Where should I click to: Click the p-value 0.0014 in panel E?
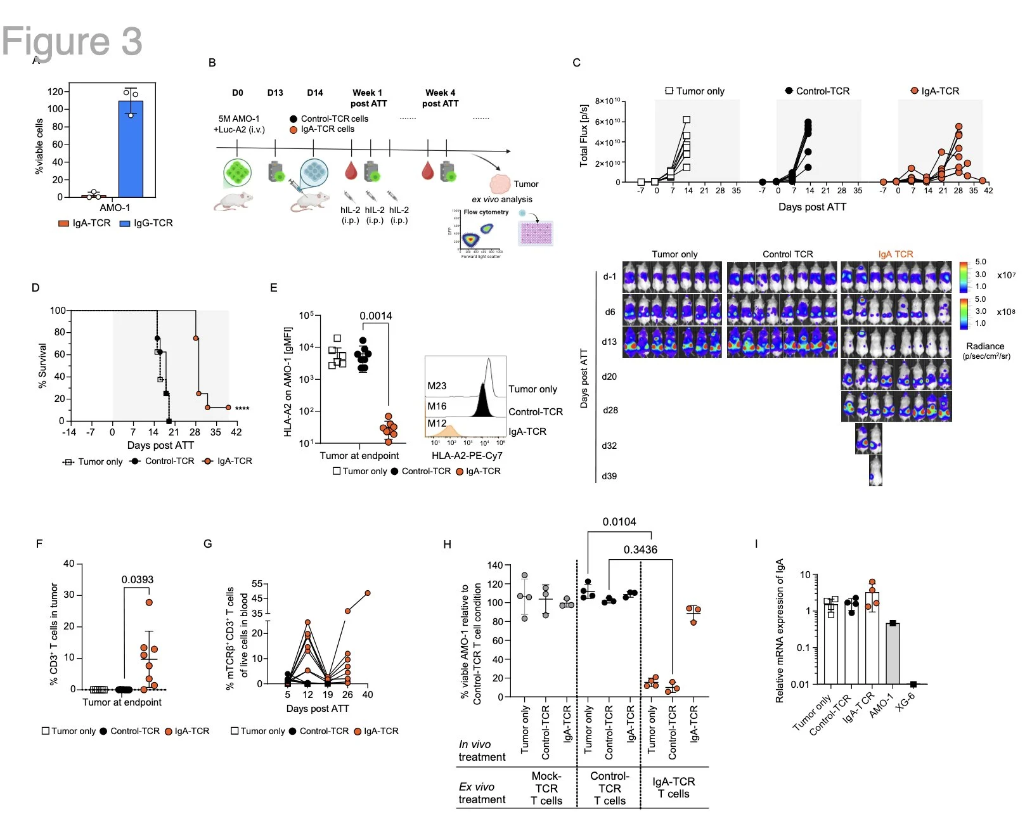pyautogui.click(x=376, y=316)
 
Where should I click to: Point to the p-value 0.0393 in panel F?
pyautogui.click(x=138, y=579)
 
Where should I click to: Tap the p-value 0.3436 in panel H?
pyautogui.click(x=640, y=550)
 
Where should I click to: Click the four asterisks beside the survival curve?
pyautogui.click(x=242, y=408)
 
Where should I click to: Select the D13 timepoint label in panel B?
pyautogui.click(x=275, y=93)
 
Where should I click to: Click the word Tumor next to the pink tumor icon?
pyautogui.click(x=526, y=184)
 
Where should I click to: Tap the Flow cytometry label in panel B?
pyautogui.click(x=486, y=212)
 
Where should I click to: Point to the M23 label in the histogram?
pyautogui.click(x=437, y=385)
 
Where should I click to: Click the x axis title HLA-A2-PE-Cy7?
pyautogui.click(x=467, y=455)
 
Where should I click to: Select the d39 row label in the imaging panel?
pyautogui.click(x=609, y=476)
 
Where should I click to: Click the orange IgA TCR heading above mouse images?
pyautogui.click(x=896, y=254)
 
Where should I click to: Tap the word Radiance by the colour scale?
pyautogui.click(x=985, y=346)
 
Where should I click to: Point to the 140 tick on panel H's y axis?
pyautogui.click(x=495, y=565)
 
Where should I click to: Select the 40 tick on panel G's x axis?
pyautogui.click(x=368, y=695)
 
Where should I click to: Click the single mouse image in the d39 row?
pyautogui.click(x=875, y=470)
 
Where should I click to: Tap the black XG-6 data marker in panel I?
pyautogui.click(x=913, y=684)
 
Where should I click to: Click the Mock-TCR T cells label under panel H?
pyautogui.click(x=546, y=788)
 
